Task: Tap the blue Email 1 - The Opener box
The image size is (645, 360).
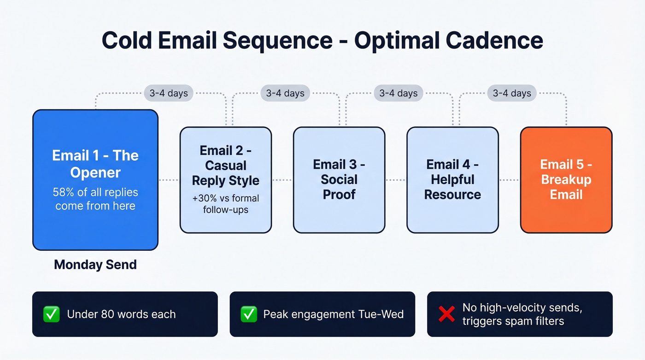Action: [95, 180]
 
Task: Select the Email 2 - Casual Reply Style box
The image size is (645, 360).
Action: [226, 180]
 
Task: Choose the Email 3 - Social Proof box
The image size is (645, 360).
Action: [339, 180]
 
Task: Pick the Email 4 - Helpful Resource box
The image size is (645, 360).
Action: [452, 180]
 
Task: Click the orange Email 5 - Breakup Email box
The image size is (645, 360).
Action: [566, 180]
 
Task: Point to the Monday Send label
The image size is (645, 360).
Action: [95, 265]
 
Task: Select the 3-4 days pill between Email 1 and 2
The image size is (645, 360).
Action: [168, 93]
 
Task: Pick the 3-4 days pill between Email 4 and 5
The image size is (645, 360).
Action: [512, 93]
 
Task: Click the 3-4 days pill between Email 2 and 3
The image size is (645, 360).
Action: [285, 93]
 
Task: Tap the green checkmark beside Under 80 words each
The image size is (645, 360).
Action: [51, 314]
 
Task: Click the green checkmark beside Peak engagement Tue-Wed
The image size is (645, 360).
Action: [249, 314]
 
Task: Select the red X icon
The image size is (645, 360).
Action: [446, 314]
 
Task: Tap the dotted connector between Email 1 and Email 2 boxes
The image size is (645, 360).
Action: [169, 180]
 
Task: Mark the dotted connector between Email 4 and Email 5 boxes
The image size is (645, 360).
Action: [509, 180]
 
